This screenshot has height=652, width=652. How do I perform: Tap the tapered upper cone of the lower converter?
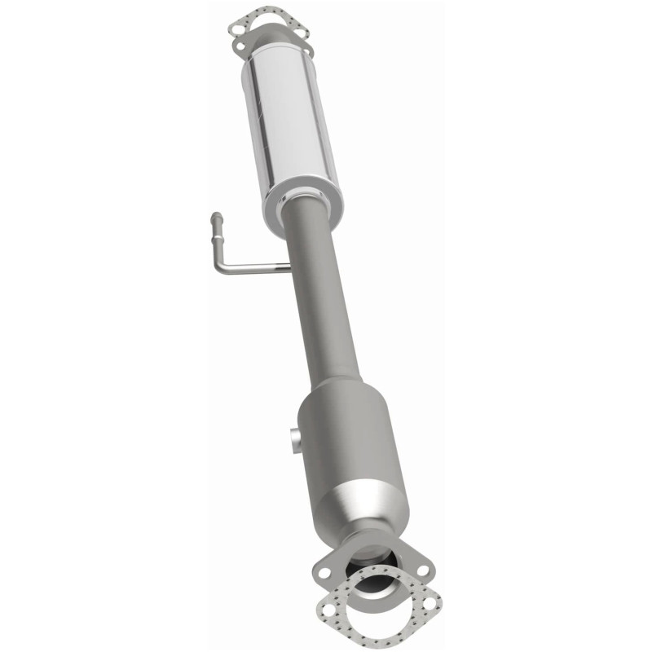pyautogui.click(x=335, y=390)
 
